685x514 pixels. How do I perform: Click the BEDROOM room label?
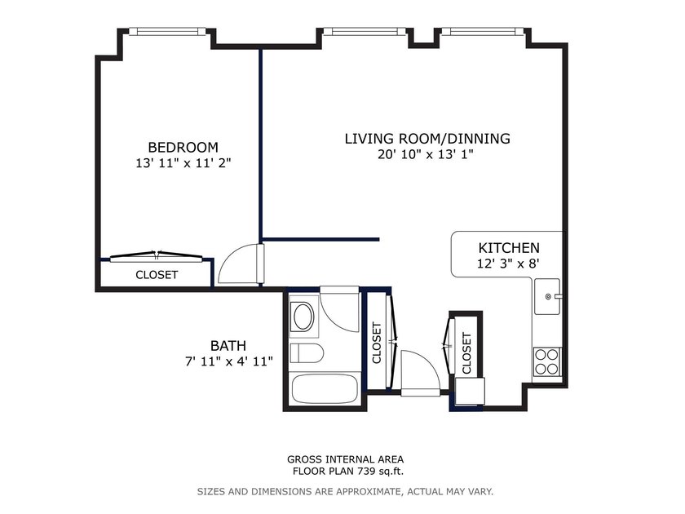[183, 148]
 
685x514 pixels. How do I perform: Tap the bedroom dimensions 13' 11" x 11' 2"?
[183, 163]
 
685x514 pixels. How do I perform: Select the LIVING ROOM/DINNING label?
[427, 139]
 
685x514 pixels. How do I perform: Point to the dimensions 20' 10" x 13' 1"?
[426, 154]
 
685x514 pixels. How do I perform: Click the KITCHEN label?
[509, 248]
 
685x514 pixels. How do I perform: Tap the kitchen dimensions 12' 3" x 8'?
[509, 264]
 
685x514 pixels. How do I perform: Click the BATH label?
[228, 346]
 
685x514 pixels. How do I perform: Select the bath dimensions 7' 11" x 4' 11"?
[229, 361]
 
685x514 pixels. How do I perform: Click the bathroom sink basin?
[303, 317]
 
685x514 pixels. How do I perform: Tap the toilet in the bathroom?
[307, 353]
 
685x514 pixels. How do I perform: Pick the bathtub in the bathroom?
[325, 389]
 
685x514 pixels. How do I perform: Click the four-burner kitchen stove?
[547, 361]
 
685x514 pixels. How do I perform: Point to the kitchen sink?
[547, 296]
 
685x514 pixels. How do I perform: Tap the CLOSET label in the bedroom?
[157, 275]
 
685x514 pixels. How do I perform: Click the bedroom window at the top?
[167, 32]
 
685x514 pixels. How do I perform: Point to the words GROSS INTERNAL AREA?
[345, 459]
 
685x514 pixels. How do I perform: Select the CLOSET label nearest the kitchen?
[466, 353]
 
